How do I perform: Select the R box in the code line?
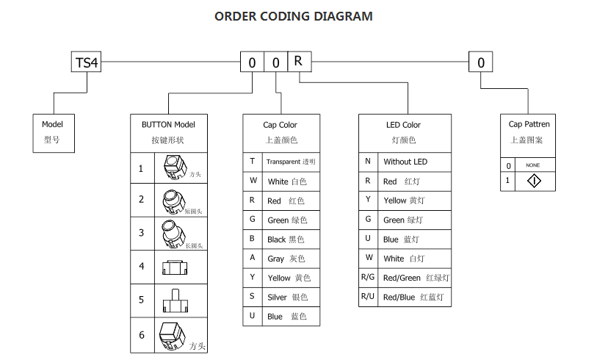(299, 62)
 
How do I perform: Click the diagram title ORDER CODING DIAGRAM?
(293, 16)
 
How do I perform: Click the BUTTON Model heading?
(168, 125)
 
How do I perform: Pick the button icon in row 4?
(174, 267)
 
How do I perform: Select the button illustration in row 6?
(173, 336)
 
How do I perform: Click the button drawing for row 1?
(175, 168)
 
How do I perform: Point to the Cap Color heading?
(280, 125)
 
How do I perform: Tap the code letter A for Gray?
(253, 259)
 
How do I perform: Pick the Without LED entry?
(405, 162)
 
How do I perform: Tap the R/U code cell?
(368, 298)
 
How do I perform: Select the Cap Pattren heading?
(529, 124)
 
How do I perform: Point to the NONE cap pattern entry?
(533, 165)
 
